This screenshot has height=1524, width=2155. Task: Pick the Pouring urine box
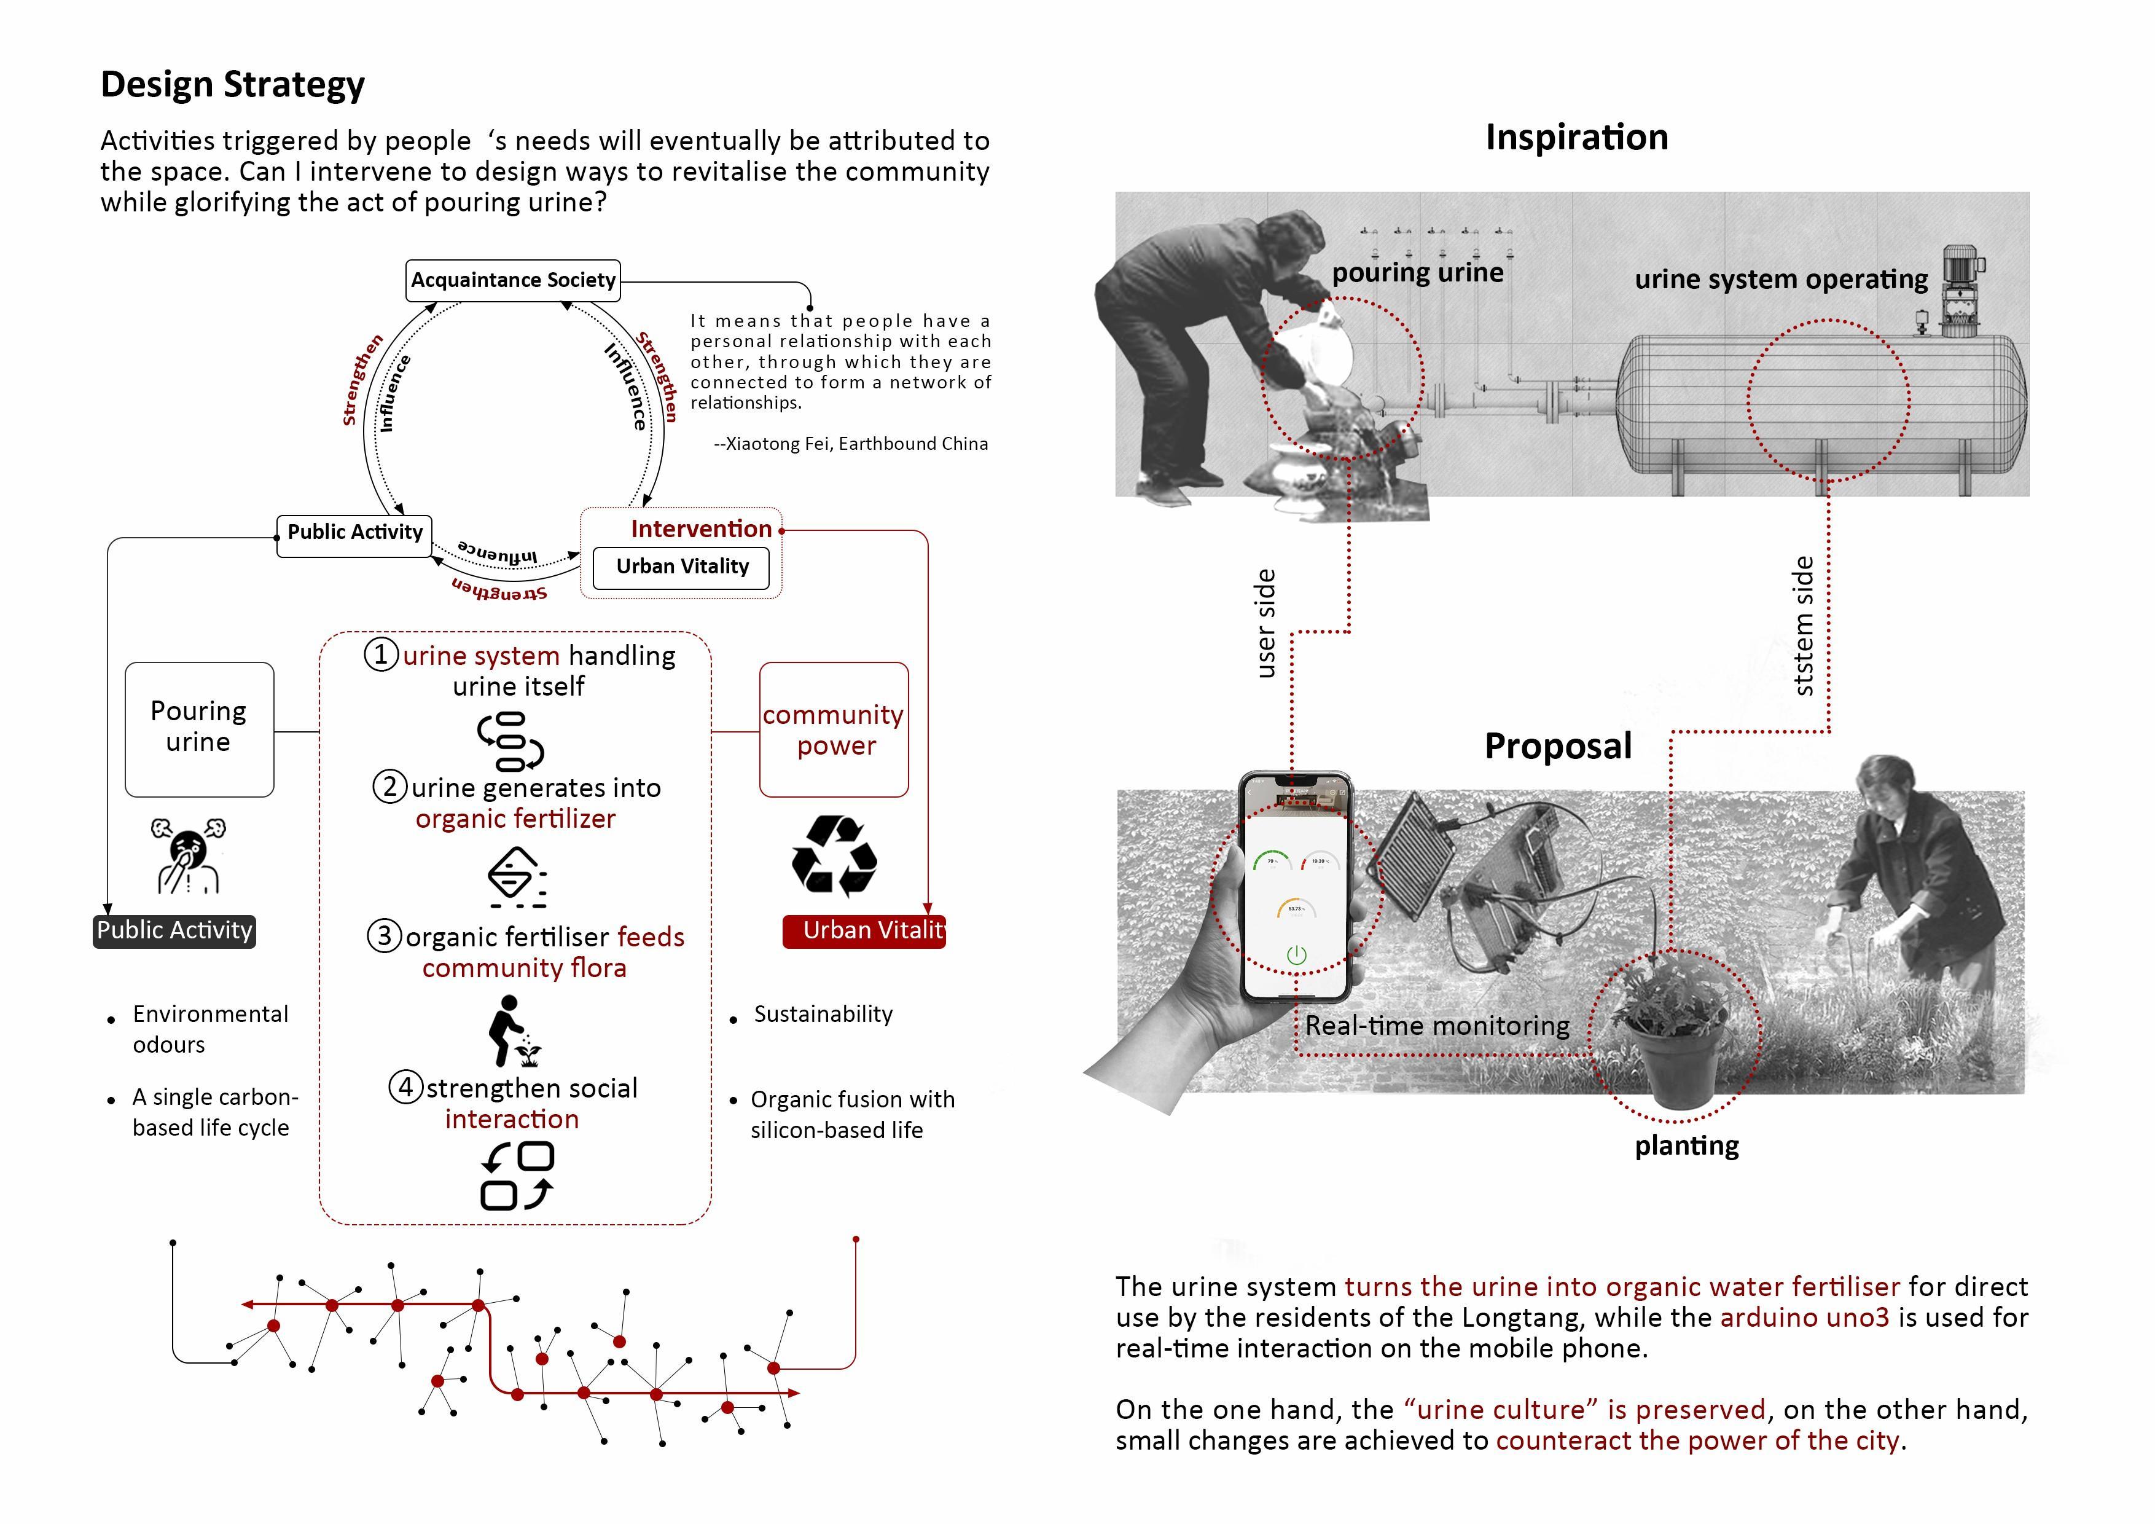point(199,729)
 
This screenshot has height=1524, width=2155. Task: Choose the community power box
point(834,729)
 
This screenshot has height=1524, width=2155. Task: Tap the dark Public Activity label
point(174,930)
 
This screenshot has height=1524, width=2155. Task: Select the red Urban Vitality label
point(864,930)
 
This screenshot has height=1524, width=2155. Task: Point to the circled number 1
point(380,654)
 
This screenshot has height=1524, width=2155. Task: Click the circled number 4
point(405,1087)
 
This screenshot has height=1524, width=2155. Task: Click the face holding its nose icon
point(189,855)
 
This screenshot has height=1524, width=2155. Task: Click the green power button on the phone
point(1296,955)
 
